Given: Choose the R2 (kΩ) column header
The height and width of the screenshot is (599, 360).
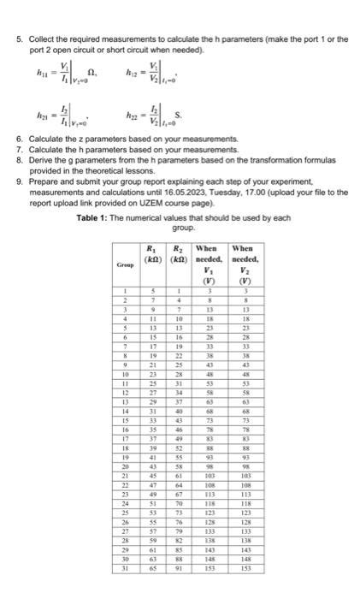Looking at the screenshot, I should (x=180, y=253).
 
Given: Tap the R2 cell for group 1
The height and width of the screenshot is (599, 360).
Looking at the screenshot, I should (x=180, y=291).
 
